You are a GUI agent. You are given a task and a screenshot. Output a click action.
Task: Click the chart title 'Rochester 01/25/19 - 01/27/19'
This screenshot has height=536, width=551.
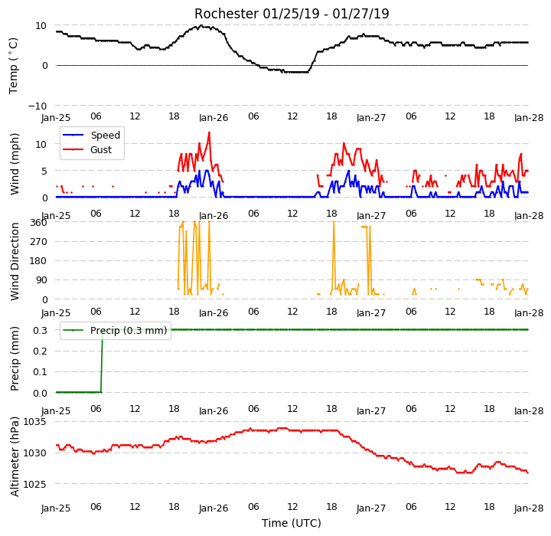[x=292, y=14]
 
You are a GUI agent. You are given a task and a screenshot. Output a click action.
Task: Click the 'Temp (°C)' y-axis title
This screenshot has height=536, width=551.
[x=13, y=65]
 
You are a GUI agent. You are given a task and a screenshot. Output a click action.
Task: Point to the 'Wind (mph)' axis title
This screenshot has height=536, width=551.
[x=15, y=164]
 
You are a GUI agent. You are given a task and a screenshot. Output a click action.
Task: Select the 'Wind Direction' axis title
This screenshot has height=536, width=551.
[x=15, y=261]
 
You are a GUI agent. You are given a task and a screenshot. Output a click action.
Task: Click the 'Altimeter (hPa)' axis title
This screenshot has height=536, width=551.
[x=15, y=456]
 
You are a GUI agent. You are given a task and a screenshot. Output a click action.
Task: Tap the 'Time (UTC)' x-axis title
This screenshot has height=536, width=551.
[x=292, y=523]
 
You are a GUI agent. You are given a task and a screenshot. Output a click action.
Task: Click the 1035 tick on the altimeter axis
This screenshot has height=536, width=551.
[x=34, y=422]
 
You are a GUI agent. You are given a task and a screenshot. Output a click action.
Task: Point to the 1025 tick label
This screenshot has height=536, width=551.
[x=34, y=484]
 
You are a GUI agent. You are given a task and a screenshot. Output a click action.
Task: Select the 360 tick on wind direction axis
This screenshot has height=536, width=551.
[x=39, y=223]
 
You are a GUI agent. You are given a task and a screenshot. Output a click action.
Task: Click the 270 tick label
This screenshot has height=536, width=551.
[x=39, y=242]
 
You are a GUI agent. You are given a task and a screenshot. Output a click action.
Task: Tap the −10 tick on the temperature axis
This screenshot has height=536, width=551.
[x=37, y=106]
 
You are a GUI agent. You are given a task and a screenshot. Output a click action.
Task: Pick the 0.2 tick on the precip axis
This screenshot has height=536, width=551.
[x=40, y=351]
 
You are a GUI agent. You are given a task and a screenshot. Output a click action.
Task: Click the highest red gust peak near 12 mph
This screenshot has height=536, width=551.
[x=209, y=132]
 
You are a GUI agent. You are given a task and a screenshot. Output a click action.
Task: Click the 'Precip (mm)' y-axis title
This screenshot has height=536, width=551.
[x=15, y=359]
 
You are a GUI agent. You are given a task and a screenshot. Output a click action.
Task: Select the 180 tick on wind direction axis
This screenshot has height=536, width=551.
[x=39, y=261]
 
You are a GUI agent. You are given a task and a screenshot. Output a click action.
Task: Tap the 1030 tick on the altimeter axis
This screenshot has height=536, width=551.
[x=34, y=453]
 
